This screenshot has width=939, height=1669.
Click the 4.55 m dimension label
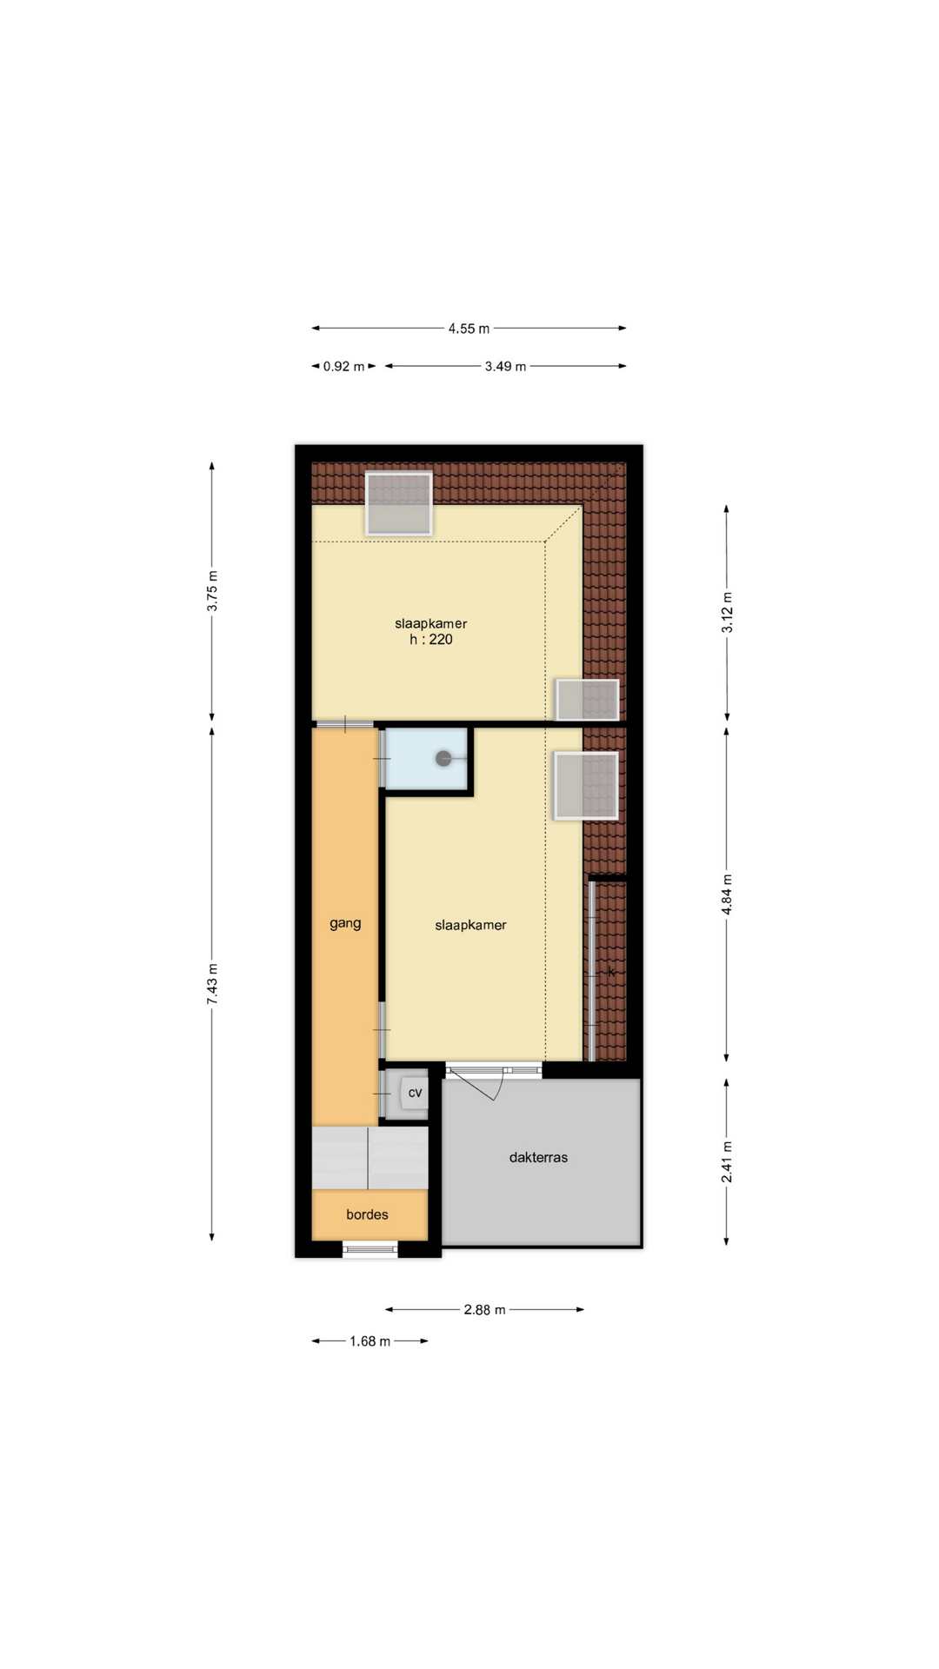point(469,329)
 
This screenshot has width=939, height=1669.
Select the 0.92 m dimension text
point(343,367)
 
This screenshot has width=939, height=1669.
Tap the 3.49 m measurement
point(505,367)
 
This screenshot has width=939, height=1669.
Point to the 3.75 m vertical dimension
point(212,591)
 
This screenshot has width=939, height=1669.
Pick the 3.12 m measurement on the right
point(727,612)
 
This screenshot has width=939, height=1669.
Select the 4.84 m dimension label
point(727,894)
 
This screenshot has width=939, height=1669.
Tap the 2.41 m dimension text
point(727,1162)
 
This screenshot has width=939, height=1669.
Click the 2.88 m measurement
point(484,1310)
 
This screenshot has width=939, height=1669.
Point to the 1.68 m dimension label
point(370,1341)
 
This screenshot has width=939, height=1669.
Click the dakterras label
point(538,1158)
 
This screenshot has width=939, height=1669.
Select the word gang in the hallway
point(345,924)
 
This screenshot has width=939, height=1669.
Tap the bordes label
point(367,1214)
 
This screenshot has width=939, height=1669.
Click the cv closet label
point(415,1093)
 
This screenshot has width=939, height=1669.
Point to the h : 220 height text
point(431,640)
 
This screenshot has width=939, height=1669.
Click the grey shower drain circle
point(443,759)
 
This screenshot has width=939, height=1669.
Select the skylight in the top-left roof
point(399,503)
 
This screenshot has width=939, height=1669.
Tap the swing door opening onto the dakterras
point(476,1083)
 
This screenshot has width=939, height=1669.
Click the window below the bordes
point(370,1250)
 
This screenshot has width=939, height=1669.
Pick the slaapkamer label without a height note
point(470,926)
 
